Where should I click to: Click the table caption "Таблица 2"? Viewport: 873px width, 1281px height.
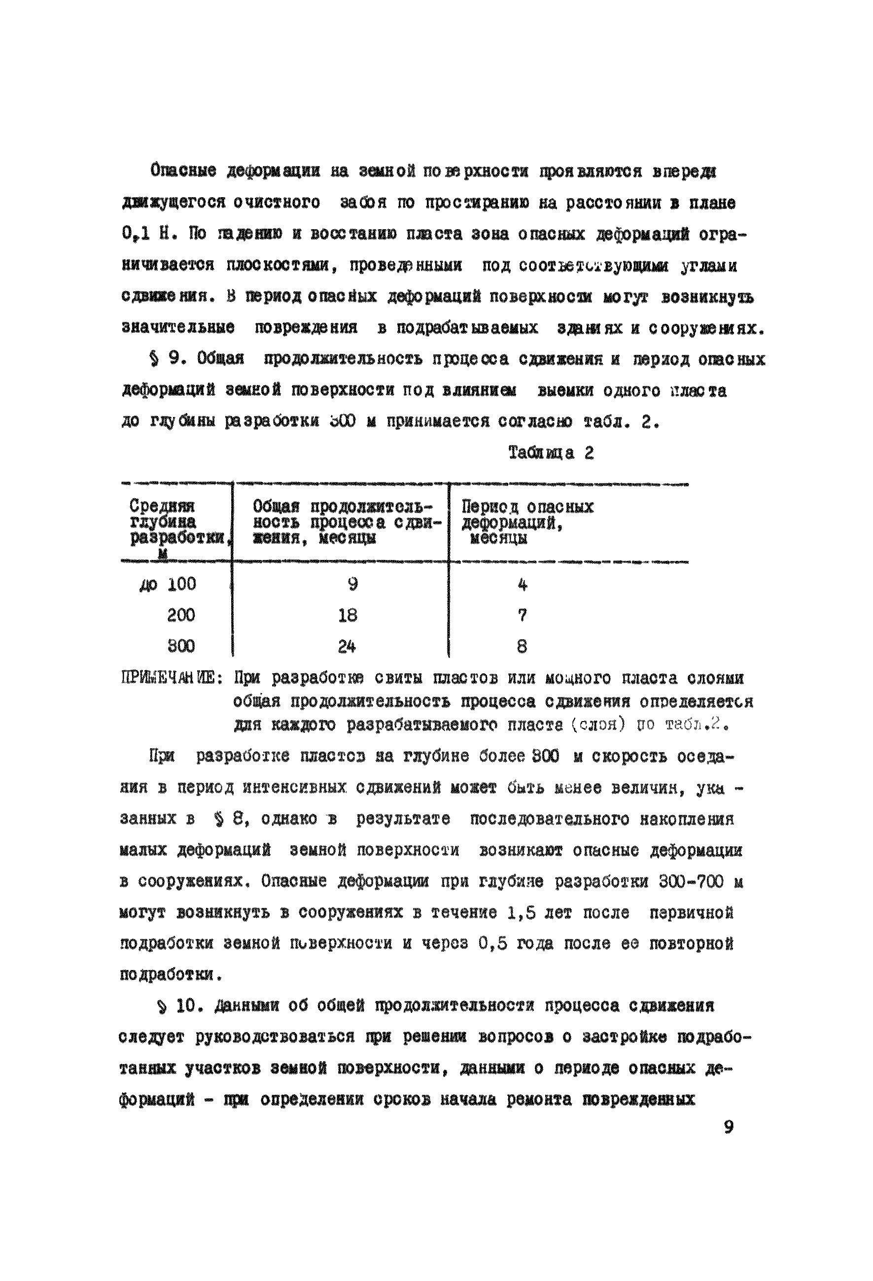point(551,453)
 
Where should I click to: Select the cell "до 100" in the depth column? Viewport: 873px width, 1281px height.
point(168,584)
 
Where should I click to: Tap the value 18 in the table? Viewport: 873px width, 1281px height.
point(348,615)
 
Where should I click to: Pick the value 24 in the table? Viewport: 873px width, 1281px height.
point(347,646)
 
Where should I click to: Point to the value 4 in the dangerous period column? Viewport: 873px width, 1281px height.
point(523,584)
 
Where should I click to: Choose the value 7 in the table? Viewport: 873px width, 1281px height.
point(523,615)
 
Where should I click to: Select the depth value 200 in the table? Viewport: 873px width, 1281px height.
point(181,615)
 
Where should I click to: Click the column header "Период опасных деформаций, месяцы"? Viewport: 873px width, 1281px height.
point(527,522)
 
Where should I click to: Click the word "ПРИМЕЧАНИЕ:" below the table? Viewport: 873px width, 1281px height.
point(172,677)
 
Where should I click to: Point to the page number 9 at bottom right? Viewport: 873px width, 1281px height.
point(729,1128)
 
